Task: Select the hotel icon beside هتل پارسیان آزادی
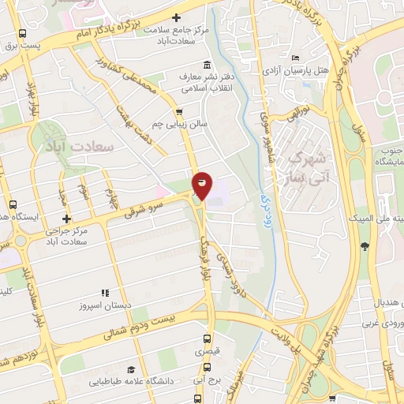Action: pos(295,58)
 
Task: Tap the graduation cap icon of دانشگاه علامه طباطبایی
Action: pos(131,369)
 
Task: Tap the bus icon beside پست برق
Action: pos(21,34)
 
